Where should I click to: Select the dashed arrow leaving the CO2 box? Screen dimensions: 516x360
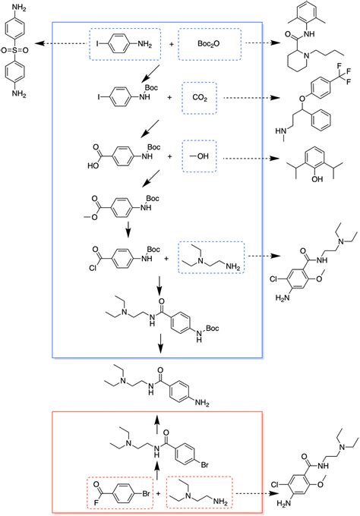click(251, 99)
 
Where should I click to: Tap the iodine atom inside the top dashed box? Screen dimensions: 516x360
click(99, 45)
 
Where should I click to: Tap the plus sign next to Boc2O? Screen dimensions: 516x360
click(169, 45)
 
